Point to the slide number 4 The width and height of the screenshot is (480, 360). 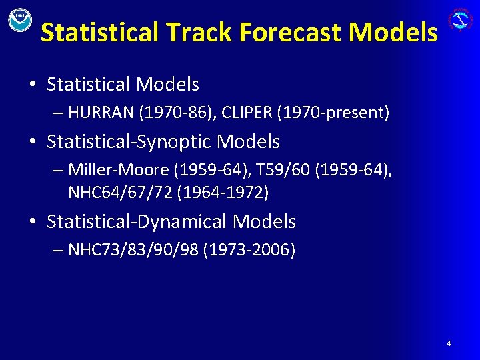(449, 343)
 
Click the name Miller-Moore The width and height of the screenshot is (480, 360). (119, 170)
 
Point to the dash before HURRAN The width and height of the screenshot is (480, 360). (57, 113)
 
